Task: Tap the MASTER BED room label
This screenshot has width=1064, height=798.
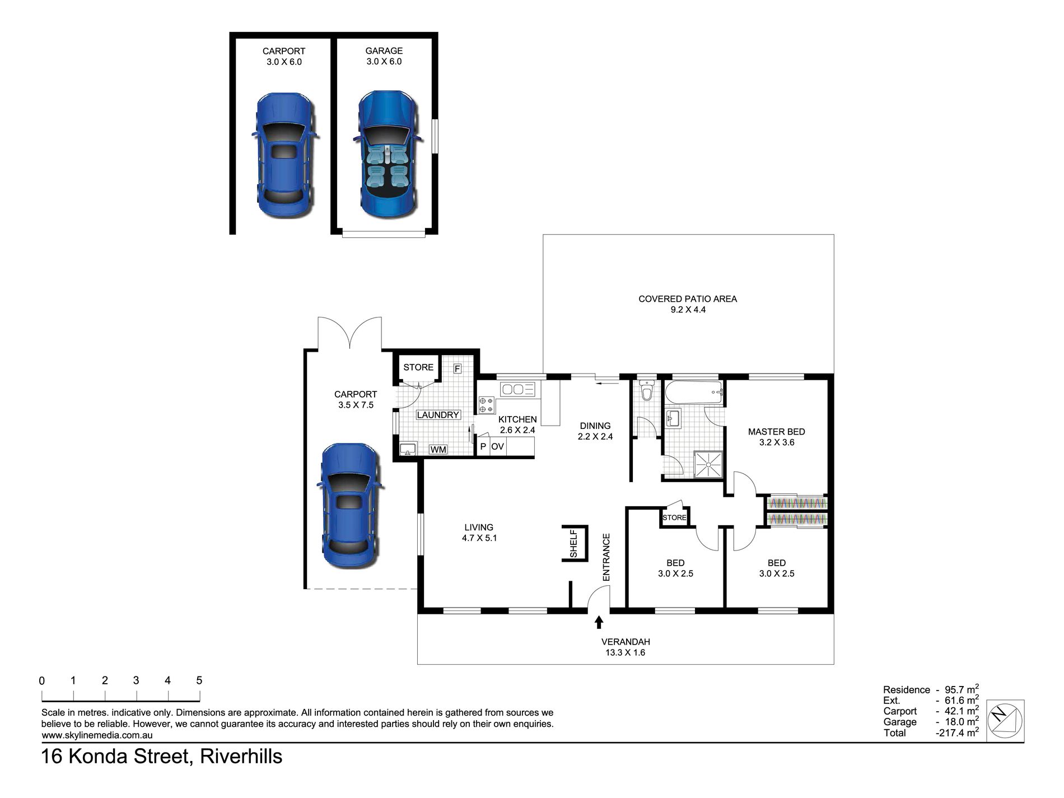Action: pyautogui.click(x=776, y=432)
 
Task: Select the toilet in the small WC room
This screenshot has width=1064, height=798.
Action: pyautogui.click(x=647, y=390)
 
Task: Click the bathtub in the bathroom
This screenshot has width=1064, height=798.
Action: pyautogui.click(x=693, y=393)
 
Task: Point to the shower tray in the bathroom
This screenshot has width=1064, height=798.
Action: pyautogui.click(x=708, y=464)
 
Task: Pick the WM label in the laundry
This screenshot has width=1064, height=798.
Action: pyautogui.click(x=438, y=450)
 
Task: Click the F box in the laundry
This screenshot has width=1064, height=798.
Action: pyautogui.click(x=457, y=368)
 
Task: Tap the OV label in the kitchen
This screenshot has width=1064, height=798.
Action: pyautogui.click(x=497, y=447)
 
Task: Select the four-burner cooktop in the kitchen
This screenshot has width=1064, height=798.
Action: pyautogui.click(x=487, y=405)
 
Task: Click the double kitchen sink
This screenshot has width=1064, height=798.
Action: pyautogui.click(x=518, y=389)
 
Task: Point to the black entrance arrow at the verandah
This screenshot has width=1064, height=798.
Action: pyautogui.click(x=599, y=622)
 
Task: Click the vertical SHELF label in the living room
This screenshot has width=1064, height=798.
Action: pyautogui.click(x=573, y=544)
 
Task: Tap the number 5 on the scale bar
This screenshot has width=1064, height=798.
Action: pyautogui.click(x=199, y=680)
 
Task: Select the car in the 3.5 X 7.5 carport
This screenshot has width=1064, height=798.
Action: pyautogui.click(x=350, y=506)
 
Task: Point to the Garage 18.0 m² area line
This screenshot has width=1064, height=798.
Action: pyautogui.click(x=931, y=722)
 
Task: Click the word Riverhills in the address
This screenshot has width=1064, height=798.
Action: pyautogui.click(x=241, y=757)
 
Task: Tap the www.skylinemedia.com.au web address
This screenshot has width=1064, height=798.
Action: pyautogui.click(x=97, y=735)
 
